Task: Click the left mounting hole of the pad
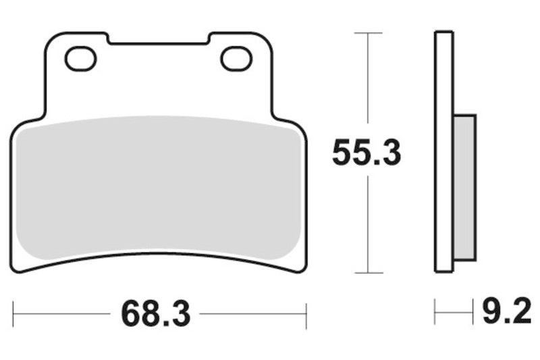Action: click(80, 59)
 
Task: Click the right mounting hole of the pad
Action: click(236, 59)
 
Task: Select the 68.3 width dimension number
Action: click(157, 313)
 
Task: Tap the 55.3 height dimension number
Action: click(367, 154)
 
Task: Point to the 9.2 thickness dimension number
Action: click(506, 313)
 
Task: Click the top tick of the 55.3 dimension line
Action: click(367, 32)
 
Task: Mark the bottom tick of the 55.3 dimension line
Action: click(367, 273)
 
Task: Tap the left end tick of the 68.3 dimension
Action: click(13, 313)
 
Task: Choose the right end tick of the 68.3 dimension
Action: click(306, 313)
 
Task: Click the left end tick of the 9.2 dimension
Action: click(435, 313)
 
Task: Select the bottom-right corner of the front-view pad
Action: click(303, 268)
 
